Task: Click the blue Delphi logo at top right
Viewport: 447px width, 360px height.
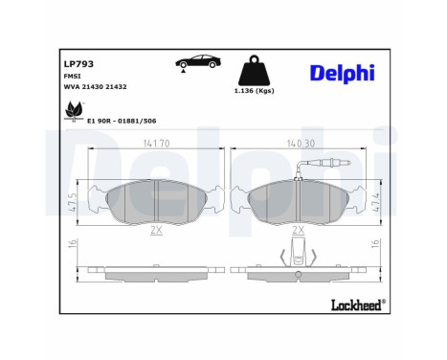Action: [342, 73]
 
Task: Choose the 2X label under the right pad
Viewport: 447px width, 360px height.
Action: [298, 230]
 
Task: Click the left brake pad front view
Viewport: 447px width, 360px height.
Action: [154, 198]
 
